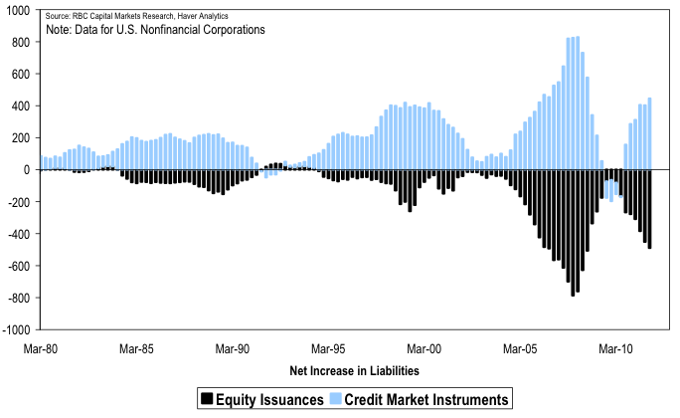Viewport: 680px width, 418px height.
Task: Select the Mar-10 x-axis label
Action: click(x=616, y=349)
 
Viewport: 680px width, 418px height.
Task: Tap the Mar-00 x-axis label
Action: click(x=425, y=349)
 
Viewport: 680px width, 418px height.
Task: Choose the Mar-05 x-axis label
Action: click(x=521, y=349)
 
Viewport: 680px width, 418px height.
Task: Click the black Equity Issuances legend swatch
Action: click(x=207, y=399)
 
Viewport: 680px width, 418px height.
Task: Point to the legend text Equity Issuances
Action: click(x=268, y=399)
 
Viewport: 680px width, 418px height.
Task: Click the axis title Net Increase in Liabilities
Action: click(x=354, y=371)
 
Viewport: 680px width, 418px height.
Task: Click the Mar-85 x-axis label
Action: click(x=136, y=349)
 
